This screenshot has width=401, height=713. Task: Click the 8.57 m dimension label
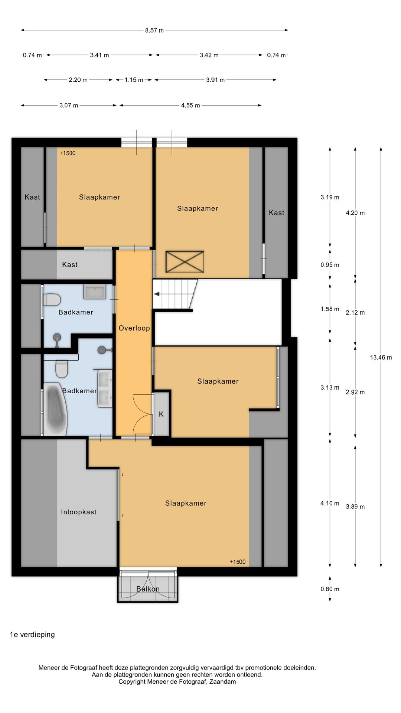(x=154, y=30)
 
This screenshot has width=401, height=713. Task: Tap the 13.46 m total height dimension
(x=381, y=358)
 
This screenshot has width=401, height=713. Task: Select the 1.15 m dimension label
(x=134, y=80)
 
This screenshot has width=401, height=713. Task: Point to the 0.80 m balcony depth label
(x=330, y=589)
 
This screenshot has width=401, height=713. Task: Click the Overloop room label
(x=134, y=328)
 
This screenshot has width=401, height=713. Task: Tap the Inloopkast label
(x=79, y=512)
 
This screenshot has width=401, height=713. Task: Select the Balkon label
(x=148, y=589)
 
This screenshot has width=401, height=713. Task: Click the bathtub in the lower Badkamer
(x=55, y=409)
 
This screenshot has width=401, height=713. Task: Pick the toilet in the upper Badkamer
(x=52, y=299)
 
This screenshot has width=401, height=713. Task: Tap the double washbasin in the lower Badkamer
(x=105, y=388)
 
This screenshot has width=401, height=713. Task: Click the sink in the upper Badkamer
(x=95, y=292)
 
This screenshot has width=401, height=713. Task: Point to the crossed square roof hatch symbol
(x=185, y=262)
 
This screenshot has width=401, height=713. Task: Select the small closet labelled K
(x=161, y=414)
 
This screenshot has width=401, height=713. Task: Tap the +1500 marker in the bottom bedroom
(x=238, y=562)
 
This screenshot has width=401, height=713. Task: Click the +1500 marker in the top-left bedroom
(x=68, y=153)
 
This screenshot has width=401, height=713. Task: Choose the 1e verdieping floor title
(x=32, y=635)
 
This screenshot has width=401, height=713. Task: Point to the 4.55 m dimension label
(x=190, y=105)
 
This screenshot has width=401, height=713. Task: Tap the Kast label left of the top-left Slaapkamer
(x=32, y=197)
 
